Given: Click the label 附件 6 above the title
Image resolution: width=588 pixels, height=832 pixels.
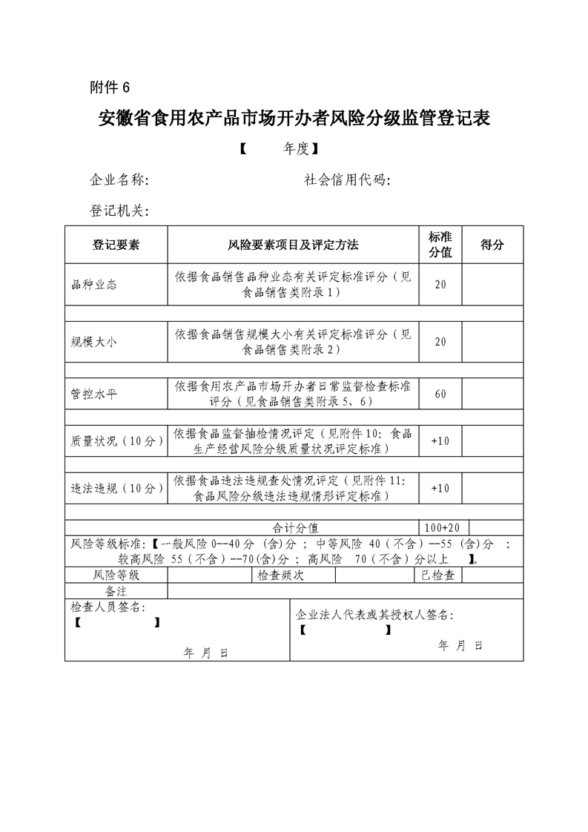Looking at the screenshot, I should [109, 88].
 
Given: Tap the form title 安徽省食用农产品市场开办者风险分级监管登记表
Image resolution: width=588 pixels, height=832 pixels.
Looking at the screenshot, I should [294, 119].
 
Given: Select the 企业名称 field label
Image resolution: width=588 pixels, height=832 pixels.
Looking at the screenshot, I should [119, 180].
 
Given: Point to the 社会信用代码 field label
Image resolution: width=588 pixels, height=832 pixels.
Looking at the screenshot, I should [348, 180].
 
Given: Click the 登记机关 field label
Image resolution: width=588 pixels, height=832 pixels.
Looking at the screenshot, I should [119, 211].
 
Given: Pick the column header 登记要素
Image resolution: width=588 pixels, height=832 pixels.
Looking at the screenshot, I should [116, 245].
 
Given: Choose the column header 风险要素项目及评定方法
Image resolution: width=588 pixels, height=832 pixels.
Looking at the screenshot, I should [293, 245].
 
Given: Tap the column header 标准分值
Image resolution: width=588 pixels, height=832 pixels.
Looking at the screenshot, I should [440, 245].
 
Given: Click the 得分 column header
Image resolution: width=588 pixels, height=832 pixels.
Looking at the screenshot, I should [492, 245].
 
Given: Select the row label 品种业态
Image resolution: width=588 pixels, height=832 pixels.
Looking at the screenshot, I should [94, 284].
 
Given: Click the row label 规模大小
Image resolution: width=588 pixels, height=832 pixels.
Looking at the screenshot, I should [94, 341].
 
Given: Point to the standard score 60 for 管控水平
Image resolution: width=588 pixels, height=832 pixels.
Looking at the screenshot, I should [440, 394].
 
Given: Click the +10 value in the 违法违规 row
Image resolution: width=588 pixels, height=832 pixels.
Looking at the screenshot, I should [440, 488].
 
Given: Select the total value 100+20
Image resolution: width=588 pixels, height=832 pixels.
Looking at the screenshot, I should [440, 527].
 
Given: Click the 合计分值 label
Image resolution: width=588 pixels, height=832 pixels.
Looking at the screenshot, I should [294, 527].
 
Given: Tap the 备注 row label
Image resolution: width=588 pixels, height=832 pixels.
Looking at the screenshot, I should [116, 590].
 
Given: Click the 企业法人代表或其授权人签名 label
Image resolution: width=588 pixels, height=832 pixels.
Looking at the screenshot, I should [374, 615].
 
